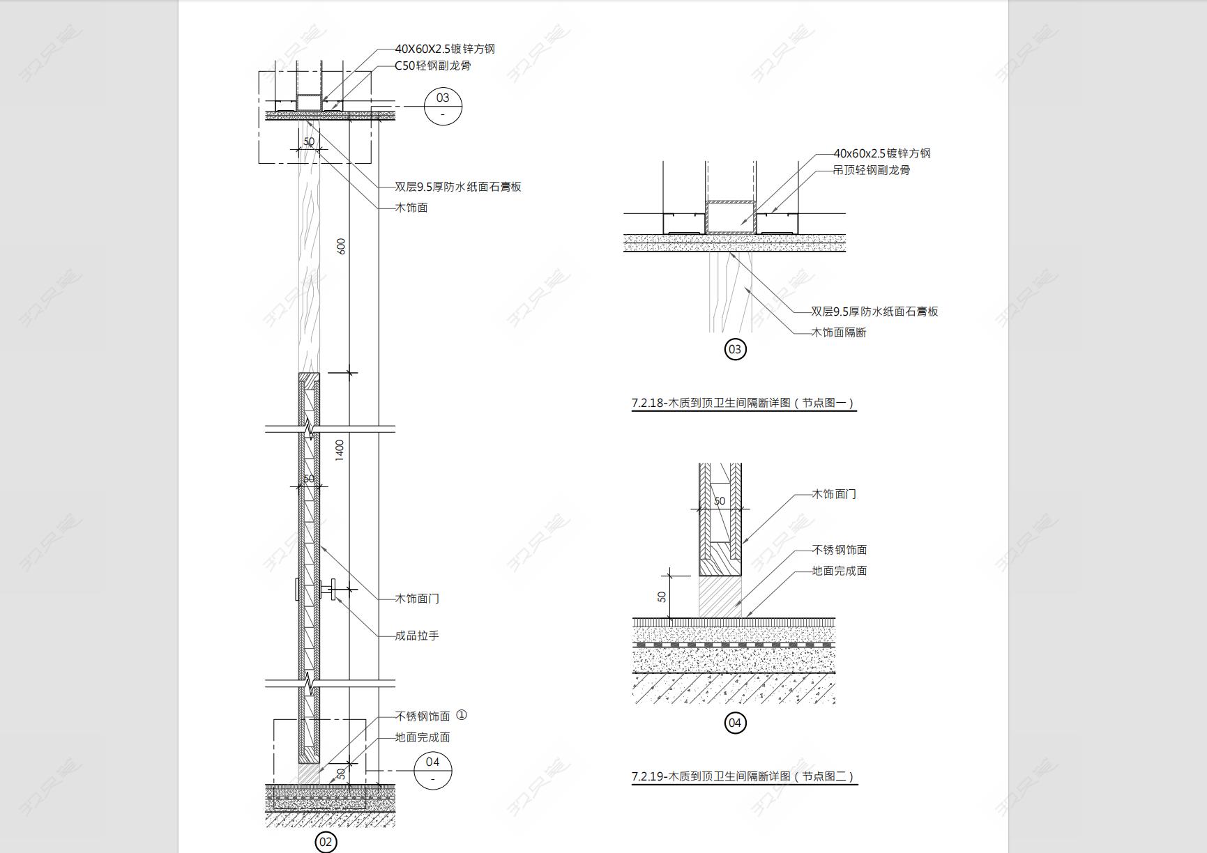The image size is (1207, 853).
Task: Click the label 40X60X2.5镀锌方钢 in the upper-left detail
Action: coord(445,49)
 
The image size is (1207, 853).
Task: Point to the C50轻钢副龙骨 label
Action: coord(433,66)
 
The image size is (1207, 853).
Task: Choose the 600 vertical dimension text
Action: coord(341,246)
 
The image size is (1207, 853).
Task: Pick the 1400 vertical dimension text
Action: coord(340,450)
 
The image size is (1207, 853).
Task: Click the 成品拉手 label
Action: coord(417,636)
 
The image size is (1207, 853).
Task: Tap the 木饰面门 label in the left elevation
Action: coord(417,599)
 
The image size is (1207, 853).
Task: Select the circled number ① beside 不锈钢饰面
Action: coord(461,715)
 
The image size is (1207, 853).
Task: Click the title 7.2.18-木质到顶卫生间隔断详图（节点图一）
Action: coord(743,403)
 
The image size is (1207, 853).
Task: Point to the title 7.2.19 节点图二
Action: coord(743,776)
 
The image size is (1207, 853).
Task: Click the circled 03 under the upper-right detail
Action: coord(735,349)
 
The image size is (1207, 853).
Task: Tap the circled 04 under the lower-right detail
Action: coord(735,723)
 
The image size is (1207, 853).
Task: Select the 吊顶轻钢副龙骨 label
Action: coord(872,170)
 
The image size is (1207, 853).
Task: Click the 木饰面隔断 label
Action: coord(839,332)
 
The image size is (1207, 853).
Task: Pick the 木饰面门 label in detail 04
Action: coord(834,494)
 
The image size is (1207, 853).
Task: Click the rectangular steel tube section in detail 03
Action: coord(731,217)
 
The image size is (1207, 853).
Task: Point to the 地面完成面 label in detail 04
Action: coord(840,571)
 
